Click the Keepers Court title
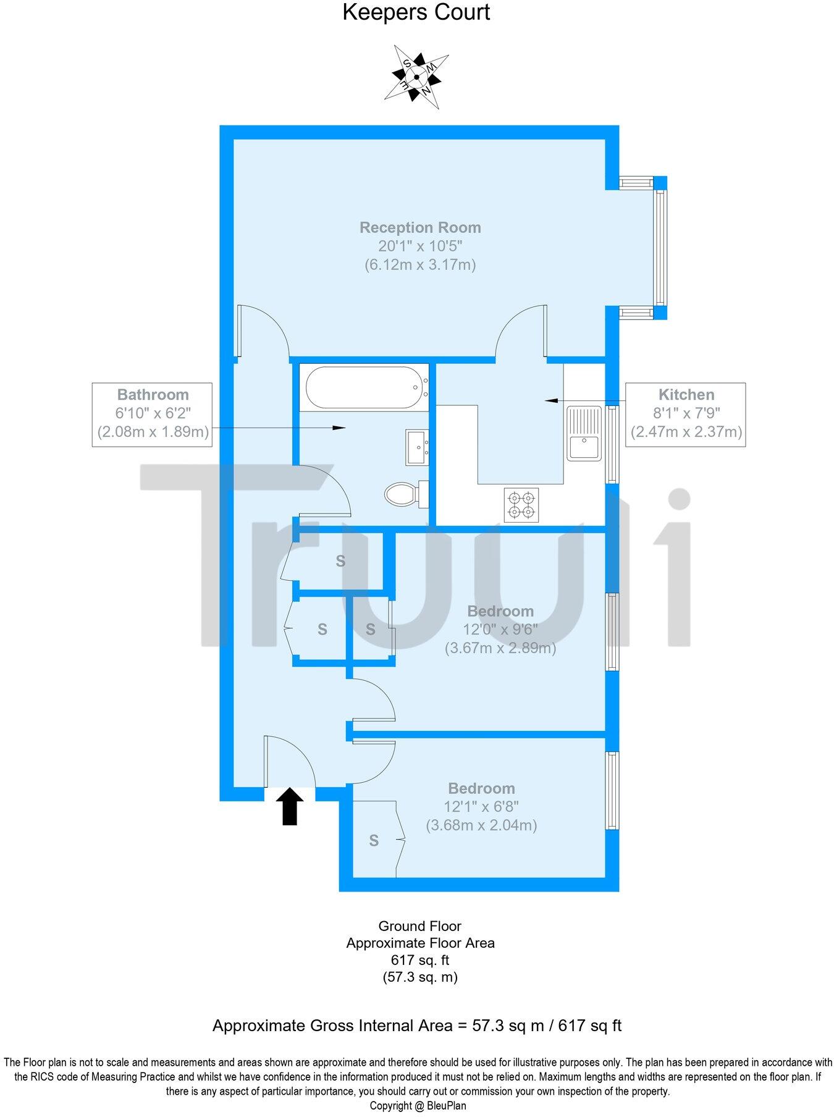point(416,12)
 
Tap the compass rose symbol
point(416,77)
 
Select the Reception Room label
point(420,227)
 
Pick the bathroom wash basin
point(418,447)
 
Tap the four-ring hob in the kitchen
point(521,505)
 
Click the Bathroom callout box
point(152,415)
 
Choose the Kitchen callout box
point(686,415)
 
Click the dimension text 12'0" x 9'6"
point(500,630)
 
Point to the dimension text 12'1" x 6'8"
point(481,806)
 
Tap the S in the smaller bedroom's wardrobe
point(374,840)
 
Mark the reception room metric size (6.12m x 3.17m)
point(420,265)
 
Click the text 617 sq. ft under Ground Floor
point(420,960)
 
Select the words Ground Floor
point(420,926)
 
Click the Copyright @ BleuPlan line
point(418,1106)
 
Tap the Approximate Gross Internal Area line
point(417,1026)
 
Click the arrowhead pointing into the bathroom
point(339,428)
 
